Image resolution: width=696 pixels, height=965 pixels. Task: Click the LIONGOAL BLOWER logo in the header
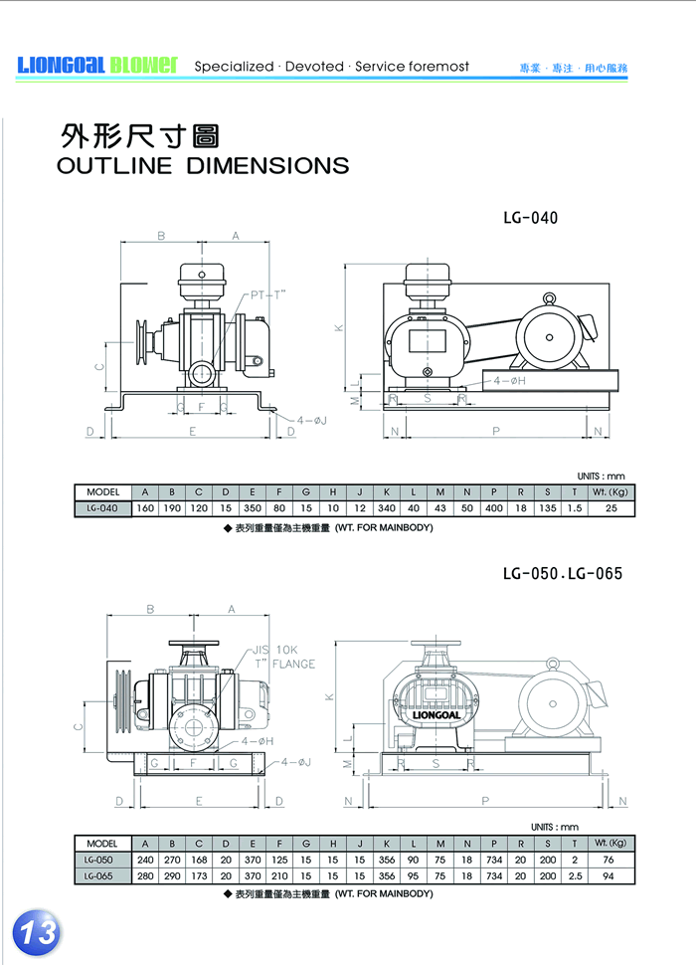[x=96, y=66]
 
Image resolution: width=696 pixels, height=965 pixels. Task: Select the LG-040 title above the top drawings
[x=531, y=218]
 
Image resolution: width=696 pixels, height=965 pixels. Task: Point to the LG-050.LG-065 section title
[x=562, y=574]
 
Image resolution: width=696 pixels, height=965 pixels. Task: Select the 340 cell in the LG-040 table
[x=386, y=508]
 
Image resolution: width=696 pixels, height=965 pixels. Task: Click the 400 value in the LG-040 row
[x=493, y=508]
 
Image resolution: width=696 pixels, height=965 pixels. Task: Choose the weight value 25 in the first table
[x=611, y=508]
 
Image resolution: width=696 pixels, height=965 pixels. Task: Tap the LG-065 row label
[x=100, y=875]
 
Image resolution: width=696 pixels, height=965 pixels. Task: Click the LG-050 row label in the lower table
[x=100, y=860]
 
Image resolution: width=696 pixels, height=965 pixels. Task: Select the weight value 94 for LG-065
[x=610, y=875]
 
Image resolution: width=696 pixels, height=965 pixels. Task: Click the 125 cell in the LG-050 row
[x=279, y=860]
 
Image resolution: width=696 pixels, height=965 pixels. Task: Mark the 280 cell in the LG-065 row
[x=145, y=875]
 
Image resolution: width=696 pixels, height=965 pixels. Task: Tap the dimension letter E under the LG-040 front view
[x=192, y=431]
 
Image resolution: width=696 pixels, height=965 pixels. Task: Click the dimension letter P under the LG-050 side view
[x=484, y=800]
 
